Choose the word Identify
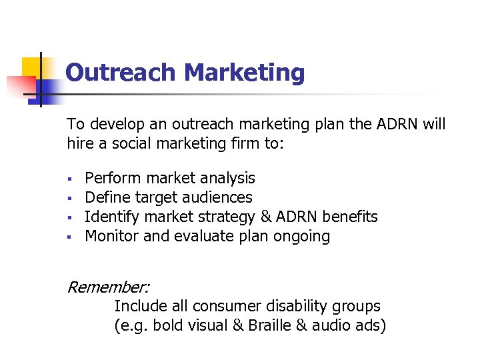pyautogui.click(x=110, y=217)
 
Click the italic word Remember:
pyautogui.click(x=109, y=287)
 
